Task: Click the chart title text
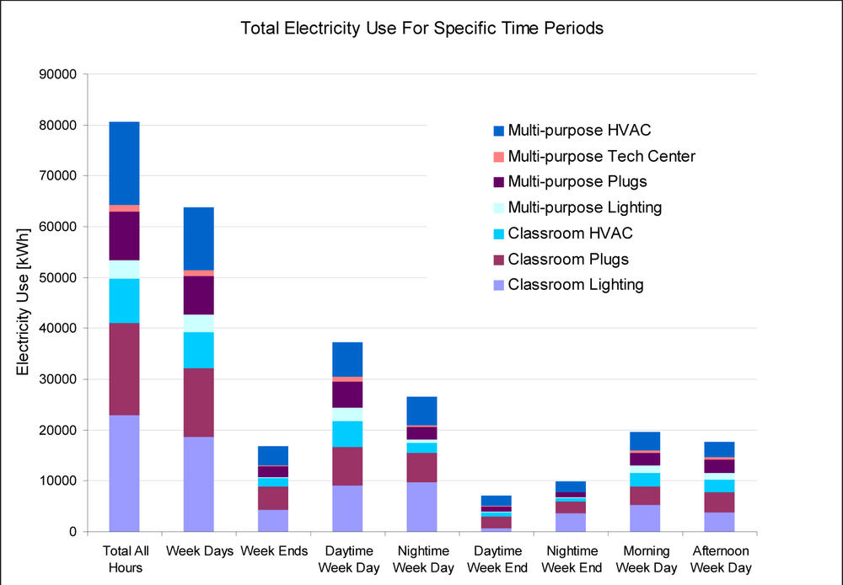(421, 28)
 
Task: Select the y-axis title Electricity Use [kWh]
(23, 301)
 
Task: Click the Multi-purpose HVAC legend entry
(579, 131)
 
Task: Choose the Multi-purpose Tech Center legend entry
(601, 156)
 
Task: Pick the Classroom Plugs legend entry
(568, 259)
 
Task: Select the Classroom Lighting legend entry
(575, 284)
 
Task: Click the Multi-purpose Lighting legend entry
(584, 207)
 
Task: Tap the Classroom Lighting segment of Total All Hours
(124, 473)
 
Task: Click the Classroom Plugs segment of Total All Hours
(124, 368)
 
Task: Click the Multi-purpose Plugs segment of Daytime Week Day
(347, 394)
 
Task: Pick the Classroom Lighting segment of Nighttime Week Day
(421, 507)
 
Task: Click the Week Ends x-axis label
(273, 551)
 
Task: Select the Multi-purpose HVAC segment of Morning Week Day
(645, 441)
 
